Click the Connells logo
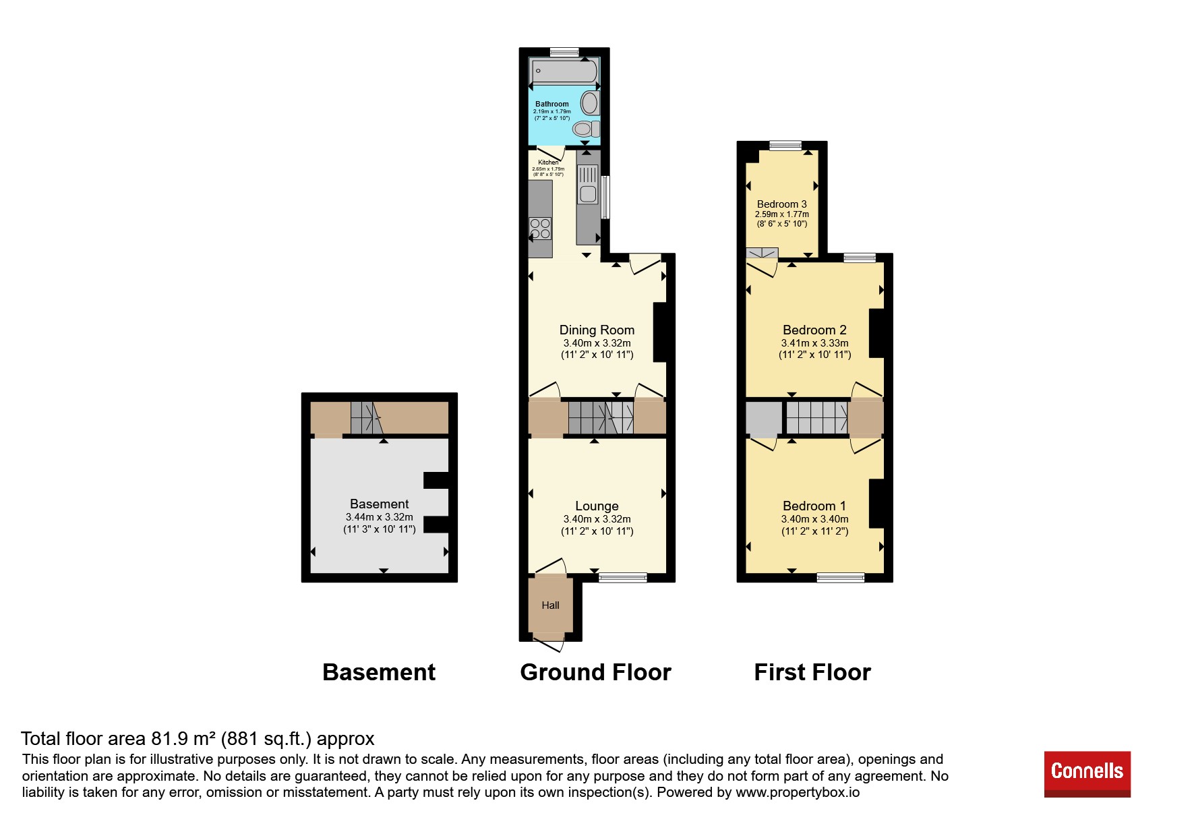point(1087,773)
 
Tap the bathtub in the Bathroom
point(564,71)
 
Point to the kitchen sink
point(588,184)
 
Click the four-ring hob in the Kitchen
point(540,229)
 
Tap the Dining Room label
point(597,330)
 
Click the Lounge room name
point(597,506)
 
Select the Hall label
point(550,605)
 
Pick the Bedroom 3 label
point(781,204)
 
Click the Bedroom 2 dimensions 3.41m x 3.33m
point(814,343)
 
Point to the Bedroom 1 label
point(814,506)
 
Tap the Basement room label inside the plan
point(379,504)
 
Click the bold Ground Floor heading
point(595,672)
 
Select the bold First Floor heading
point(812,672)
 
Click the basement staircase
point(367,418)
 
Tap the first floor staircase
point(817,418)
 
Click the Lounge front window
point(622,578)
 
